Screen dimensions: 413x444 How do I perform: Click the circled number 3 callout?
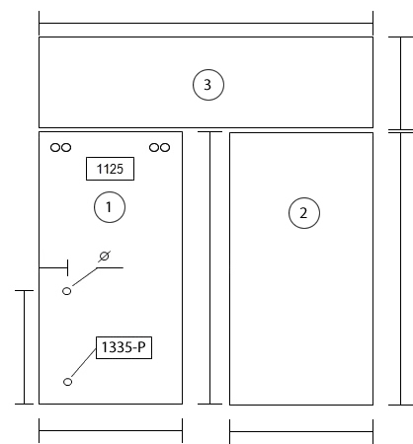(x=208, y=85)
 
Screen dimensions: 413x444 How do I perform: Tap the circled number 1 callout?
(x=110, y=207)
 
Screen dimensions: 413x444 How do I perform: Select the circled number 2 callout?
(x=304, y=213)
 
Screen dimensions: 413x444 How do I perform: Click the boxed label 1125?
(x=110, y=169)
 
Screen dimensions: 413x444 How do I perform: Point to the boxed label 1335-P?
(x=124, y=347)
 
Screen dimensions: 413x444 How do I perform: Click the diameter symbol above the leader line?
(x=104, y=257)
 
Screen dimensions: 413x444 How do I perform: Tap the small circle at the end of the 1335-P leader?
(x=67, y=382)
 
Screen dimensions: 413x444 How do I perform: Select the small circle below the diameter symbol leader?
(x=66, y=291)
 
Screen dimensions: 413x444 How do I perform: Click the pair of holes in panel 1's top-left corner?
(x=60, y=147)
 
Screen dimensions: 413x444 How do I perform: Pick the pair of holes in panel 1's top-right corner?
(x=159, y=147)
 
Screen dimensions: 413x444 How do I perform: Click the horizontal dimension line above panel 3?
(x=206, y=24)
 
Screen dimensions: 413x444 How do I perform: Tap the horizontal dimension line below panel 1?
(x=111, y=430)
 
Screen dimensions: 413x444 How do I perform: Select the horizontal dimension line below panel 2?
(x=301, y=431)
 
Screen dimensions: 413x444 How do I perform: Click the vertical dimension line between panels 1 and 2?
(x=210, y=267)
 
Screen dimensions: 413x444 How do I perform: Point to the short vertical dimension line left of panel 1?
(x=24, y=347)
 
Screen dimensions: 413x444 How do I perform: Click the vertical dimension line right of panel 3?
(x=401, y=84)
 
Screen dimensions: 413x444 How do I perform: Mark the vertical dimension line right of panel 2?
(x=401, y=269)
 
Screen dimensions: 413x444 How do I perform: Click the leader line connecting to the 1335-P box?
(x=84, y=363)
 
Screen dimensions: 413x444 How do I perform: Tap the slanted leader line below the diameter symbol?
(x=84, y=277)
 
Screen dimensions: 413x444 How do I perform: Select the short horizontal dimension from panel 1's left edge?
(x=53, y=268)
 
